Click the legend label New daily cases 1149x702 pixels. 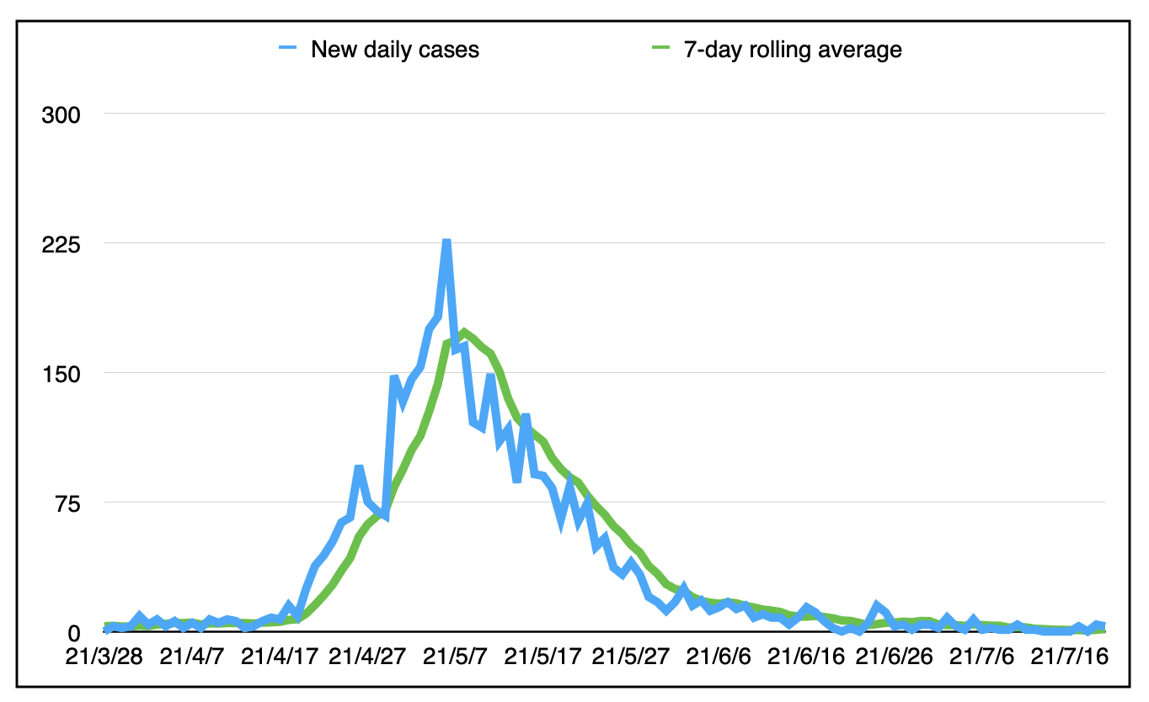pos(395,50)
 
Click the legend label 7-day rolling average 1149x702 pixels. pos(791,50)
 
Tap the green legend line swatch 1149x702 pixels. pos(660,50)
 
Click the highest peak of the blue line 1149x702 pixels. pos(446,242)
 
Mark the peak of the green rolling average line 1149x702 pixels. pos(464,332)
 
